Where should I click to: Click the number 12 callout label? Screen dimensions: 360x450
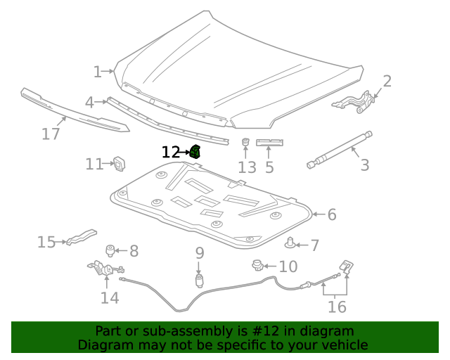171,152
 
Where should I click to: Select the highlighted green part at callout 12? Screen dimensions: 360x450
195,150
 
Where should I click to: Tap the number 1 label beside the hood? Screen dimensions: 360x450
98,71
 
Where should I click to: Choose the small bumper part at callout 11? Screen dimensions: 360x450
119,164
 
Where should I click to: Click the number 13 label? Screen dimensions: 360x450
247,167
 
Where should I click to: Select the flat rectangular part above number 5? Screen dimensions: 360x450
269,143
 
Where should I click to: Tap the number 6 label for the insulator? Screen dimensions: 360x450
332,214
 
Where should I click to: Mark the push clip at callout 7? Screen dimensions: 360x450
290,243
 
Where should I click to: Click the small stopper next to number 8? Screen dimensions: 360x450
110,250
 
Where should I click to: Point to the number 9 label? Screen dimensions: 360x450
200,252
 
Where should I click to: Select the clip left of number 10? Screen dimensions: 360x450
257,265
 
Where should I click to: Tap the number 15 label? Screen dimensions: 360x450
46,243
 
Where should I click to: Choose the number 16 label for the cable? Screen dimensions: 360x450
337,307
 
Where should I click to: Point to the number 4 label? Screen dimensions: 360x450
89,103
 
